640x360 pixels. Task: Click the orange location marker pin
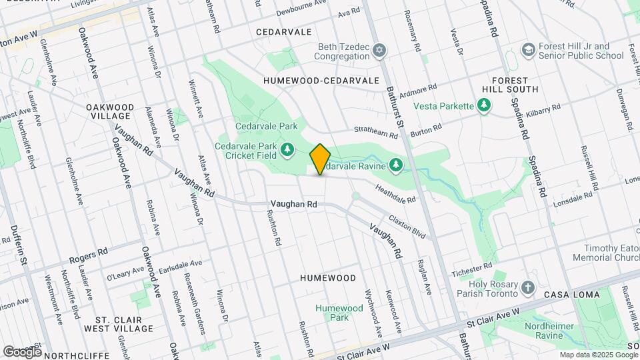pos(320,159)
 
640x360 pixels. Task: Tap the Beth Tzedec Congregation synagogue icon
pos(379,51)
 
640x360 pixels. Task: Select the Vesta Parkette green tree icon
pos(484,105)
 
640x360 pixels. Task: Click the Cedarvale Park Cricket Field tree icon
pos(287,149)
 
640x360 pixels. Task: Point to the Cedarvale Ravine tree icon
pos(396,163)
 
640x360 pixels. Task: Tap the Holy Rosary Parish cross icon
pos(528,288)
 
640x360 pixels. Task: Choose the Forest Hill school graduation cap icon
pos(528,51)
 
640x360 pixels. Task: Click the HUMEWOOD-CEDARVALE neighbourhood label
pos(321,80)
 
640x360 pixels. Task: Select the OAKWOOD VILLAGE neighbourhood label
pos(110,111)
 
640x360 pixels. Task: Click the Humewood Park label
pos(339,313)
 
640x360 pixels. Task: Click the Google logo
pos(22,351)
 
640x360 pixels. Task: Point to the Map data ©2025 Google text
pos(598,355)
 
